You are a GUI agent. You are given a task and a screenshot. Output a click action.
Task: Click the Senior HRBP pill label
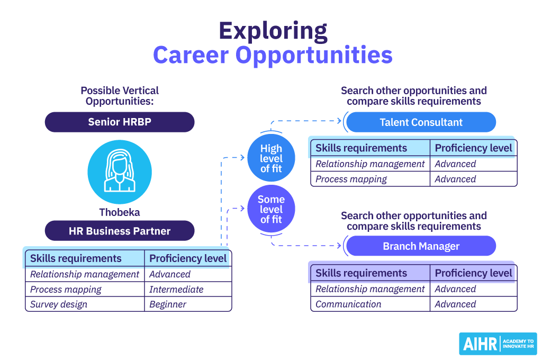coord(120,122)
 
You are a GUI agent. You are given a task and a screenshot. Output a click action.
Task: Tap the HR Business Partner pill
coord(120,231)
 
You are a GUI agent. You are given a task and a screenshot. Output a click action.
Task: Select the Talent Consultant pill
coord(421,122)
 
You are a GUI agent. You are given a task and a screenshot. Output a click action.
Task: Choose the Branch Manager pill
coord(421,246)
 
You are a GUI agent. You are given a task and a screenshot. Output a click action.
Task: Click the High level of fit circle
coord(271,158)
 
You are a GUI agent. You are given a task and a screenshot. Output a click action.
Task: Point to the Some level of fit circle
coord(271,209)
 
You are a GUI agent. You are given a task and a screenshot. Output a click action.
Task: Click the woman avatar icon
coord(120,172)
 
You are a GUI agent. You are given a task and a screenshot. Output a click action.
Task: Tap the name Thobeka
coord(120,212)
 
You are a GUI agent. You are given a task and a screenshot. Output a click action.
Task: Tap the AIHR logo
coord(498,344)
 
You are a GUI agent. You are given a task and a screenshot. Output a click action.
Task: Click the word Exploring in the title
coord(273,31)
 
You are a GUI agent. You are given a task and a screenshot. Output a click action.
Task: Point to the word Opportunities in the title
coord(314,56)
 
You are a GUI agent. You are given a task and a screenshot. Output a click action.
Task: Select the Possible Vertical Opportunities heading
coord(120,96)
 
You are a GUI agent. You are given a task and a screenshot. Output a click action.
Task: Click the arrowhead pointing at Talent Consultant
coord(339,121)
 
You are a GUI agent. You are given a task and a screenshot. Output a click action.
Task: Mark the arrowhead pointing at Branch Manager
coord(339,246)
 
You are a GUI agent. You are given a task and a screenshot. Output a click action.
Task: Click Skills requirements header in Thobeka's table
coord(76,258)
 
